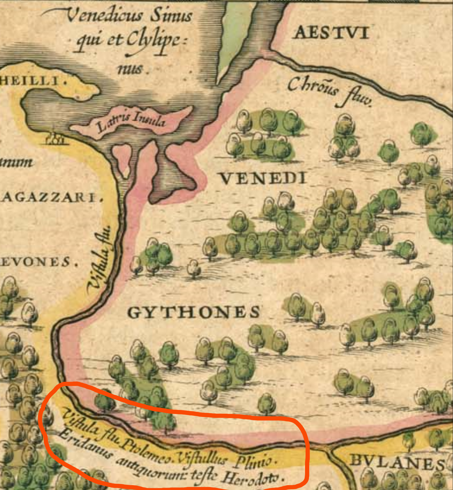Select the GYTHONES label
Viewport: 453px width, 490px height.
pyautogui.click(x=194, y=313)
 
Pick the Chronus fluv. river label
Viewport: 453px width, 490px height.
pyautogui.click(x=329, y=91)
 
